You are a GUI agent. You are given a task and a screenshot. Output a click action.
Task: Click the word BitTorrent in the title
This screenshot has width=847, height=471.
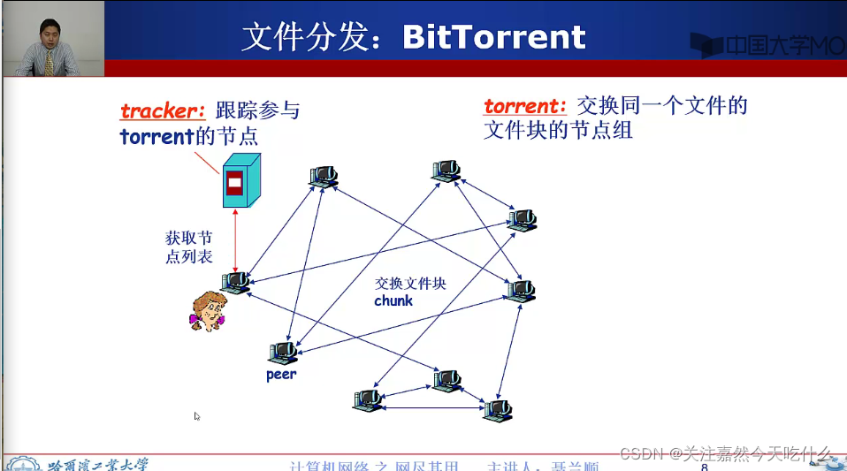tap(493, 37)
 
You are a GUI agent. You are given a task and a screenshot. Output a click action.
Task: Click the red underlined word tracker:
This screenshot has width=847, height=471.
tap(163, 111)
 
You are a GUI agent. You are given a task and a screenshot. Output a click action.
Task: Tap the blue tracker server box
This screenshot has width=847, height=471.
tap(240, 180)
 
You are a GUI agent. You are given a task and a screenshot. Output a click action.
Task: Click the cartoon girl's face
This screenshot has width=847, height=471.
tap(208, 309)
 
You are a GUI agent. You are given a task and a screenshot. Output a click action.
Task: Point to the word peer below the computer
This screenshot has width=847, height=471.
tap(281, 374)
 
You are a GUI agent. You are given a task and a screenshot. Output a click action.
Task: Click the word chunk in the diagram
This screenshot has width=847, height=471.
tap(393, 300)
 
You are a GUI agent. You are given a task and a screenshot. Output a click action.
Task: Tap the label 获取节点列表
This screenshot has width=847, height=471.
tap(189, 247)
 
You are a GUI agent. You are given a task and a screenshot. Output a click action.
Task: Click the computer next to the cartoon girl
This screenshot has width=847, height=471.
tap(236, 283)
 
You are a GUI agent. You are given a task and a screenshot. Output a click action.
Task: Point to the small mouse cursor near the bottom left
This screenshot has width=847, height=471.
tap(197, 416)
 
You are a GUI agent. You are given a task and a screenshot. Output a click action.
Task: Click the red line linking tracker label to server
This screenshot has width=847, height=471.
tap(209, 161)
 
